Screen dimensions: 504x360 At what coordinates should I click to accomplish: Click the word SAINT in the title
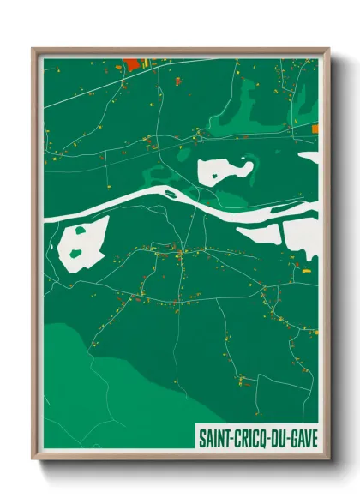[x=214, y=438]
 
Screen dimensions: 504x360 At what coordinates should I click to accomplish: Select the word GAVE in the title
[x=302, y=438]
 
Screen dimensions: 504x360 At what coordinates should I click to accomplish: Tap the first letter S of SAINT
[x=201, y=438]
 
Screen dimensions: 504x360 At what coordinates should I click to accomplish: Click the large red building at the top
[x=132, y=63]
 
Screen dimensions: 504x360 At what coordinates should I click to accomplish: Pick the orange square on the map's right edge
[x=315, y=129]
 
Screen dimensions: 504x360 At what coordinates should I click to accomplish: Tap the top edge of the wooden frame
[x=180, y=50]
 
